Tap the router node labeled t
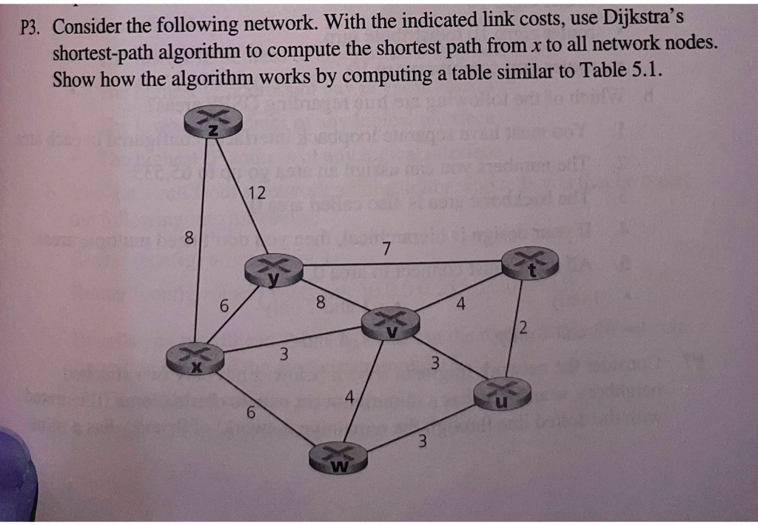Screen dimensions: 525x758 (x=531, y=263)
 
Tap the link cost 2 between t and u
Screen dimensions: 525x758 (x=523, y=329)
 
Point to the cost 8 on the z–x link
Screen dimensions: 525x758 (x=189, y=239)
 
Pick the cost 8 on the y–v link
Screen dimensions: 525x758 (x=320, y=301)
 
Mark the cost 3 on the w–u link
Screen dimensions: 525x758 (x=422, y=443)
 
